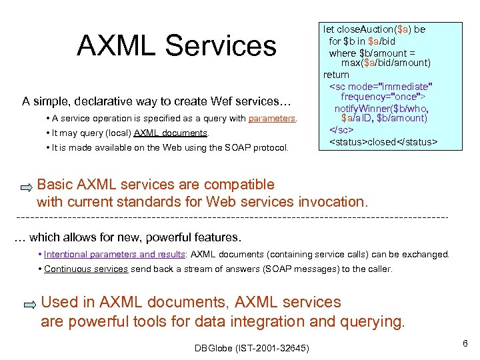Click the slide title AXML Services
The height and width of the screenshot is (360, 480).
click(x=176, y=45)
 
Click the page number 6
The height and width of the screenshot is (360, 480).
click(x=465, y=343)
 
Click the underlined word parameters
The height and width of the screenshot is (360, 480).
click(x=272, y=119)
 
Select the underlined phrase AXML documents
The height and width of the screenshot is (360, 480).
click(x=171, y=133)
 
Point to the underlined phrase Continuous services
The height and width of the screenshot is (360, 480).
click(x=85, y=269)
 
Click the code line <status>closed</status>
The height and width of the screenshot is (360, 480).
click(x=383, y=142)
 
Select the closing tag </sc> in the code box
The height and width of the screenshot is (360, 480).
click(x=341, y=129)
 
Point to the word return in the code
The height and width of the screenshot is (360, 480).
click(x=336, y=75)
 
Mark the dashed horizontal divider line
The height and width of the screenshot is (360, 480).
click(x=231, y=218)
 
